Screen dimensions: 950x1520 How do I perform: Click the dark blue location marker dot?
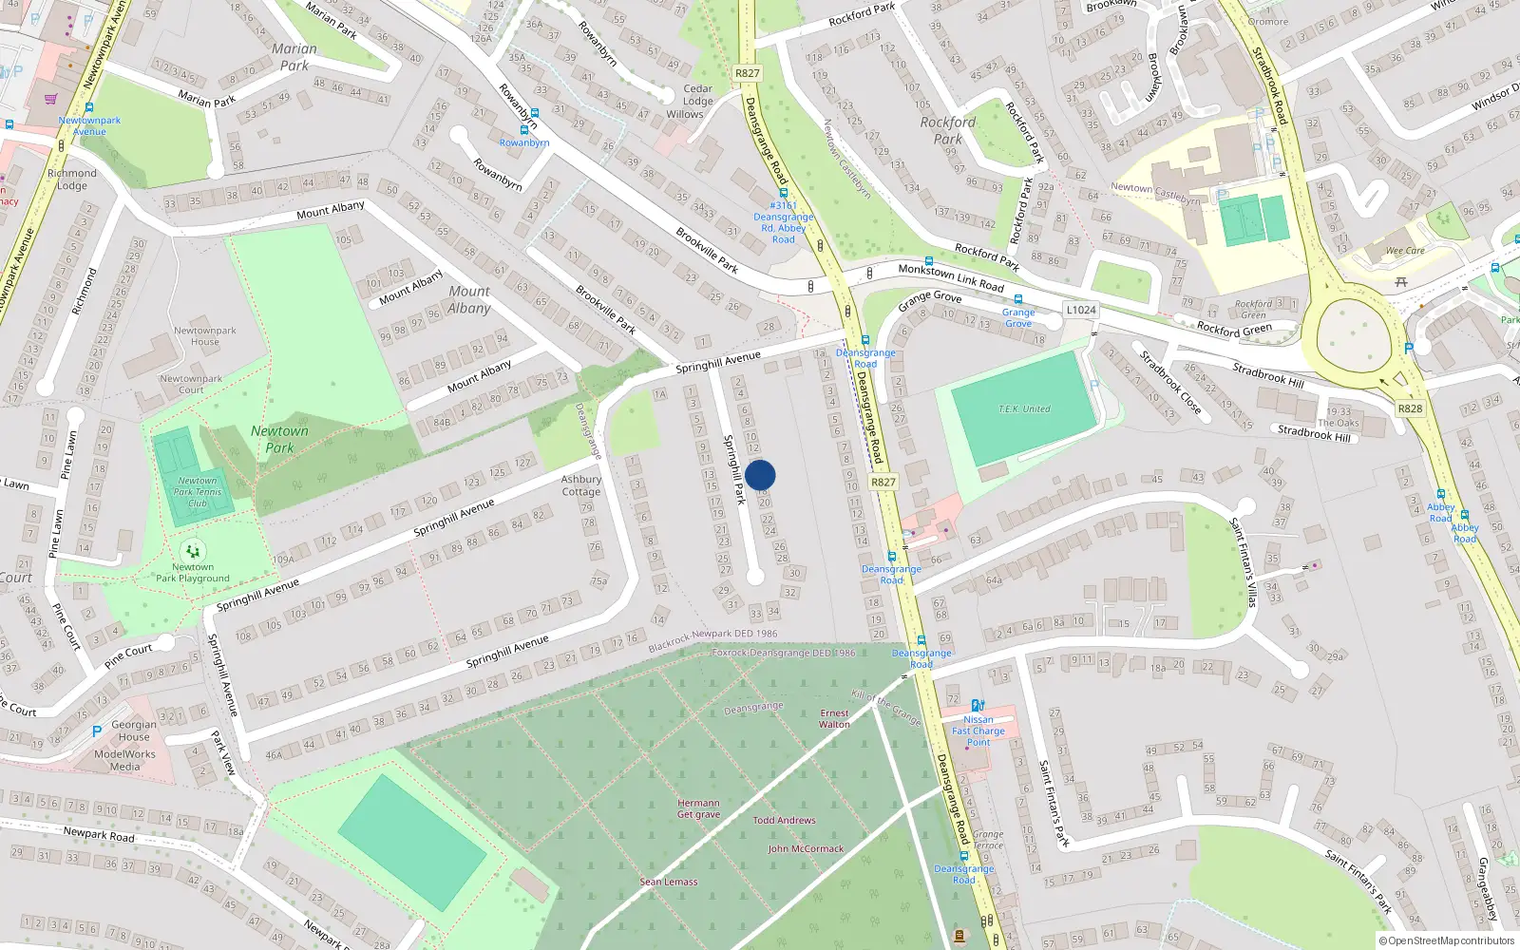(760, 475)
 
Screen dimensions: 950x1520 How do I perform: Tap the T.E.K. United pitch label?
(1024, 409)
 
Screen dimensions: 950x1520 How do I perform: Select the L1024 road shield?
(1081, 310)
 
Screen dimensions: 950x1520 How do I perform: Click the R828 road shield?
(1410, 408)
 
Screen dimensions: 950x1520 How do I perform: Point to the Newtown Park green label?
(279, 439)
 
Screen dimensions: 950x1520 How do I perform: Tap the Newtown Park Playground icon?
(193, 551)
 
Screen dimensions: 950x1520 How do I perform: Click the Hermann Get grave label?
(698, 808)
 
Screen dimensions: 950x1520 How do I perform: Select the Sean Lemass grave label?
(668, 882)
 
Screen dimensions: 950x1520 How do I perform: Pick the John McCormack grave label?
(806, 848)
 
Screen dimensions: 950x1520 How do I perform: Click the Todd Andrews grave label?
(784, 820)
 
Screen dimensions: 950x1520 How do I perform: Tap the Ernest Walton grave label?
(834, 718)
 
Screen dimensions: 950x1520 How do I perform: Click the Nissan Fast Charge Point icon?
(978, 706)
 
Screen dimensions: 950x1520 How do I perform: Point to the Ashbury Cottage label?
(580, 485)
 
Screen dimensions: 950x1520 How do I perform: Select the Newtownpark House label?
(204, 336)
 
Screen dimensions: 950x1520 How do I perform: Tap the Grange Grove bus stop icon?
(1017, 299)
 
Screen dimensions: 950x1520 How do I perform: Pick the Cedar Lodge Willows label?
(697, 102)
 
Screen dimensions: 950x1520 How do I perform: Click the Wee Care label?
(1405, 251)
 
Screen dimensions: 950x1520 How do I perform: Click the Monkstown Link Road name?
(951, 277)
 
